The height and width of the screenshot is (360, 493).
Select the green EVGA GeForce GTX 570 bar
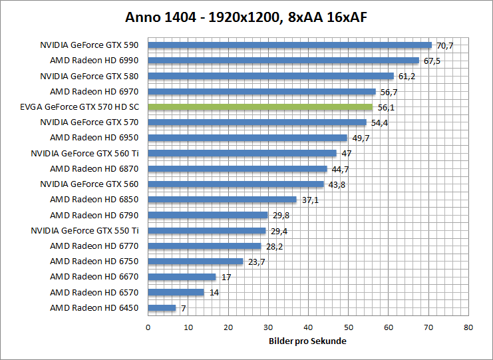coord(259,106)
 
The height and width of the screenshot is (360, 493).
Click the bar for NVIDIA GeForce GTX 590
coord(289,45)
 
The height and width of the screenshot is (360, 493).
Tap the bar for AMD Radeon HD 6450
coord(162,308)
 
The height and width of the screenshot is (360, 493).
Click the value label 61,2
coord(407,77)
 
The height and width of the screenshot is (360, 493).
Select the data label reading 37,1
coord(309,200)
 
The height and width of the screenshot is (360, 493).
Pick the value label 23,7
coord(256,262)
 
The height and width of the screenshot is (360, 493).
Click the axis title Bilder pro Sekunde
coord(308,341)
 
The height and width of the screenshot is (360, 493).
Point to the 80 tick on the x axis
coord(468,327)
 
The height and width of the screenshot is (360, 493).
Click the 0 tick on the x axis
coord(148,327)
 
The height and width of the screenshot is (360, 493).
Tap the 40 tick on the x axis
coord(308,327)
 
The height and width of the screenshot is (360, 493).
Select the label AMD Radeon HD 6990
coord(94,61)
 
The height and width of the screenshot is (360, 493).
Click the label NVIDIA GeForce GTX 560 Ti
coord(84,153)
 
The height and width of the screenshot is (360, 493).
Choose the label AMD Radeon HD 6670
coord(94,277)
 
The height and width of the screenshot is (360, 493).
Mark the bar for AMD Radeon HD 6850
coord(222,200)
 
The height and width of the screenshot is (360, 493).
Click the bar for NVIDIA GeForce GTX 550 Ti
coord(206,231)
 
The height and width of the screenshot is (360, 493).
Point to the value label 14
coord(213,292)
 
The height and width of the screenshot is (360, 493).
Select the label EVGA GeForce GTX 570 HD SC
coord(80,106)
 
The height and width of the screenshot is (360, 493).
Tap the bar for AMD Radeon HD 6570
coord(176,292)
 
